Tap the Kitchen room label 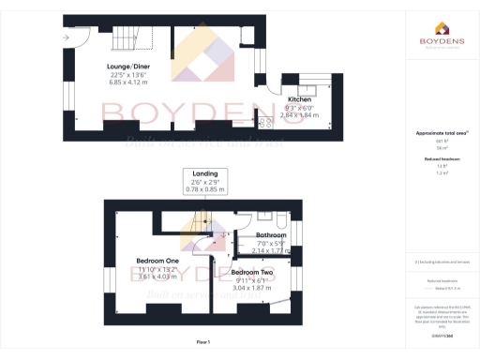tap(300, 98)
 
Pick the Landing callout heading tap(205, 173)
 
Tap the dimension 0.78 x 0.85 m tap(205, 190)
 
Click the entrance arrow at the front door tap(66, 37)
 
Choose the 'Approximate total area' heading tap(439, 133)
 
